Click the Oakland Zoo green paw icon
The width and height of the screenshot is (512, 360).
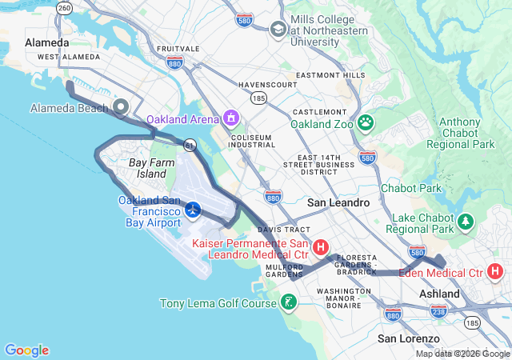click(x=366, y=122)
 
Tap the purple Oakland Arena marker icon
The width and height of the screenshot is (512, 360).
click(x=231, y=119)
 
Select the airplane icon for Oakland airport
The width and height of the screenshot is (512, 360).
click(x=193, y=210)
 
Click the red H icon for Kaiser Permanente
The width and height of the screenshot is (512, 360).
click(x=321, y=247)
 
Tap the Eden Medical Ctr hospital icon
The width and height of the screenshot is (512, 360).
click(x=495, y=271)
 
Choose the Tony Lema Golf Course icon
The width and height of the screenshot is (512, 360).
click(x=288, y=302)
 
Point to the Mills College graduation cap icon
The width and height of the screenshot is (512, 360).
click(x=278, y=30)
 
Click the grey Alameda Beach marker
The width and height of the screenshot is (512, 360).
click(x=122, y=106)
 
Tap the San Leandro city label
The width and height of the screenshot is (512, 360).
click(x=338, y=202)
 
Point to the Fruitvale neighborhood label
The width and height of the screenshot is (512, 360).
click(x=178, y=49)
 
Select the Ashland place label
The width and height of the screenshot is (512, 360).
click(x=440, y=294)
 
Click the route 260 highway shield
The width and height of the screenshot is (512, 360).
click(x=65, y=7)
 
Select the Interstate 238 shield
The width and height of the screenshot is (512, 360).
click(x=438, y=310)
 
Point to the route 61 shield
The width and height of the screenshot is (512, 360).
click(x=190, y=145)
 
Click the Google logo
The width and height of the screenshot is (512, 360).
click(x=26, y=350)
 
